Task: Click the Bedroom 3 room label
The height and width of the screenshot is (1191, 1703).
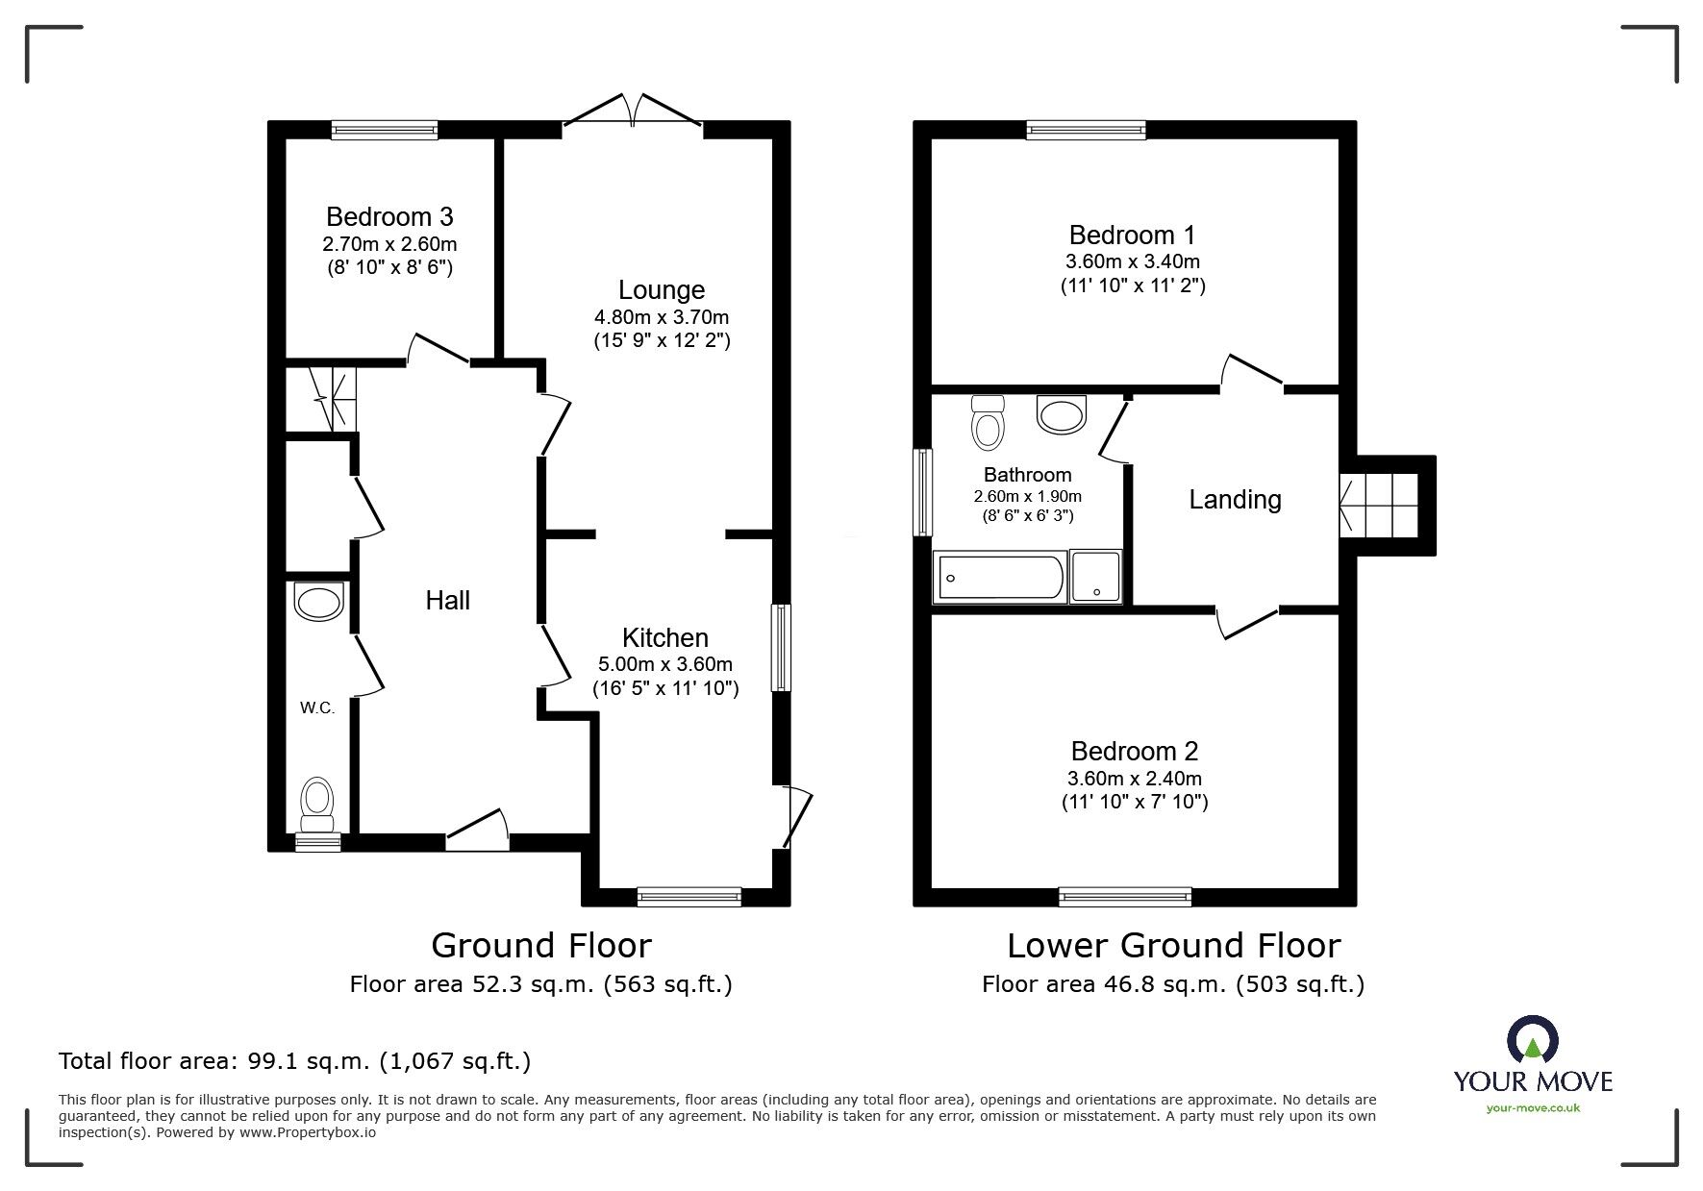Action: point(389,216)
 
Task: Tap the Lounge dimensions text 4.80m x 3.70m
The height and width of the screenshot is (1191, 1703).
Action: point(662,317)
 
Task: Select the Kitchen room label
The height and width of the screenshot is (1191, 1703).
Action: point(665,637)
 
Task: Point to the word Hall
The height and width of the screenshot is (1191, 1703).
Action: point(448,600)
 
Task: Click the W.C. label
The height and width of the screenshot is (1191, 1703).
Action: point(317,708)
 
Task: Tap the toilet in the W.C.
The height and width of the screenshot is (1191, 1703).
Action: point(317,805)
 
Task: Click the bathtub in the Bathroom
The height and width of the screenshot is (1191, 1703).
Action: point(1000,577)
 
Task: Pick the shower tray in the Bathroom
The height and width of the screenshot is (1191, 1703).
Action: point(1096,577)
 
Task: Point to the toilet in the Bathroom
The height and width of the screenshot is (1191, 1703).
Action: point(988,423)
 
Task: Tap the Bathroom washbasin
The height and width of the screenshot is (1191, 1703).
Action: point(1062,414)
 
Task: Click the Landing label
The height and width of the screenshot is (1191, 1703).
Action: point(1236,500)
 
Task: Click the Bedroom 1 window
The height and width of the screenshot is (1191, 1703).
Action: point(1087,130)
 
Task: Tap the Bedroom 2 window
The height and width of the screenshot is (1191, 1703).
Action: point(1125,897)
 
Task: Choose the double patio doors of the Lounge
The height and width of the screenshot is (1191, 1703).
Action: point(633,111)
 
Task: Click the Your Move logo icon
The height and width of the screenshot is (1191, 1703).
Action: point(1533,1040)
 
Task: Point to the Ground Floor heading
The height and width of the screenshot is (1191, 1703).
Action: point(541,946)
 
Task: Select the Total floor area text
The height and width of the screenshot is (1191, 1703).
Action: point(295,1061)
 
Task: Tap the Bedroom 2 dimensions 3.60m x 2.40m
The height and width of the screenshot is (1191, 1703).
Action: point(1135,779)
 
